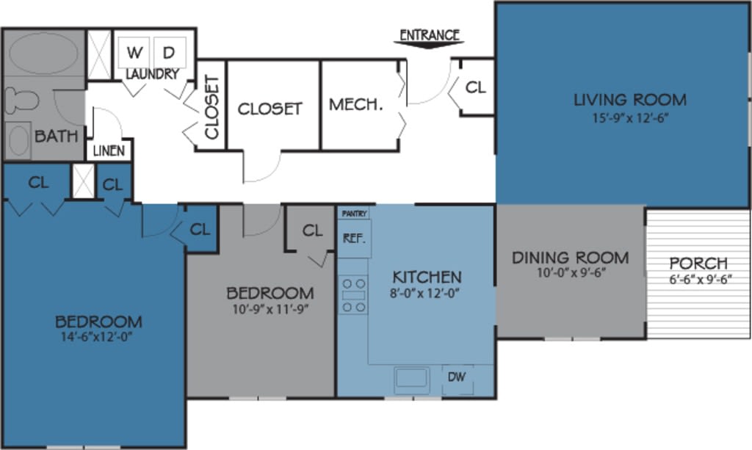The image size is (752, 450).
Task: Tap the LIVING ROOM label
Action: [630, 100]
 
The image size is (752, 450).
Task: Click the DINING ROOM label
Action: [570, 258]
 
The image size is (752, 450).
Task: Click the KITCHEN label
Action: [427, 277]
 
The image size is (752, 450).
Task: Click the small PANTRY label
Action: [354, 213]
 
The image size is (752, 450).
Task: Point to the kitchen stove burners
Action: [354, 294]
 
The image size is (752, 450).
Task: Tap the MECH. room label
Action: [356, 105]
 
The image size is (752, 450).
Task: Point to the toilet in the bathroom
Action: [22, 100]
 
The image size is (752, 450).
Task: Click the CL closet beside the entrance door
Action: [476, 87]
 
